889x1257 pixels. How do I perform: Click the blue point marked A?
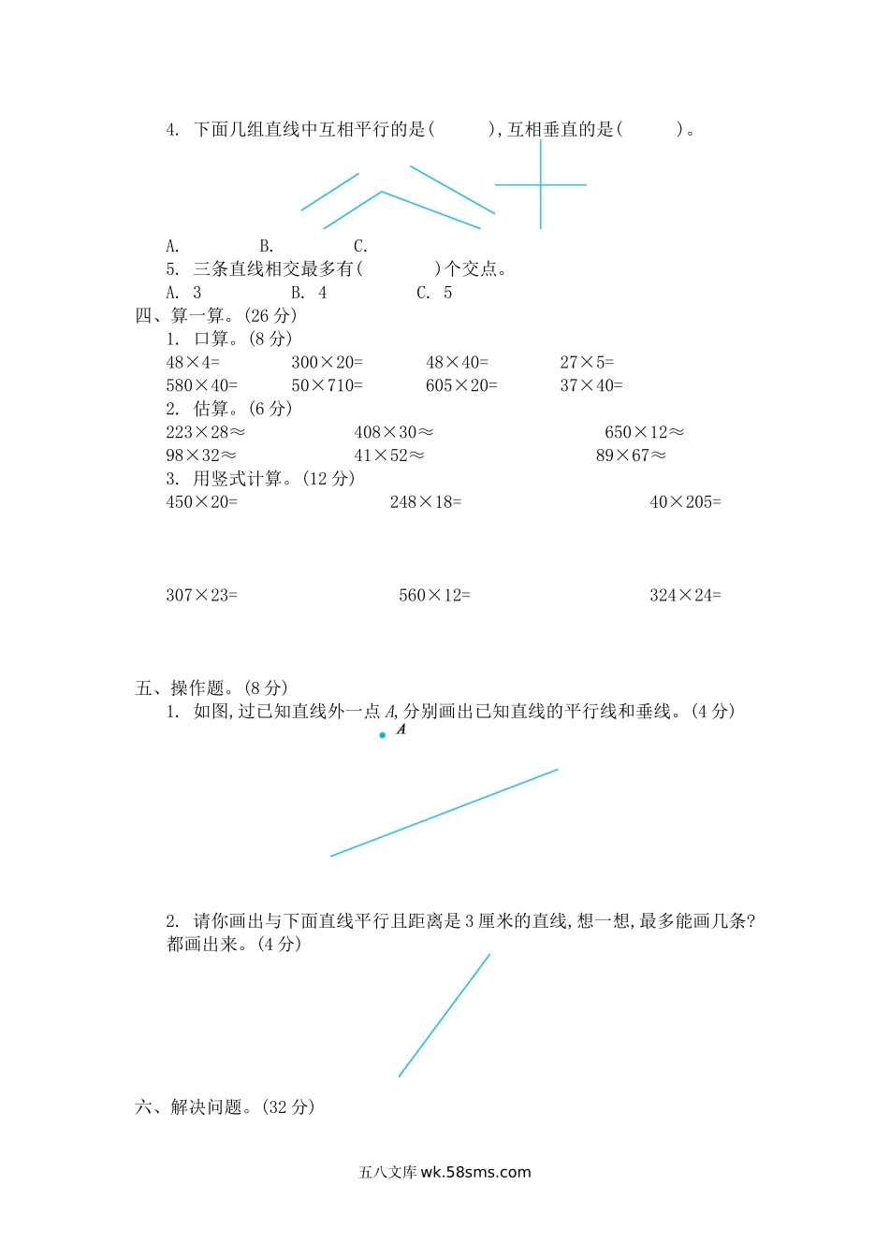point(383,735)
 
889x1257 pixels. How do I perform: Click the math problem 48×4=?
point(193,362)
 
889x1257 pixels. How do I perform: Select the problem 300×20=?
point(327,362)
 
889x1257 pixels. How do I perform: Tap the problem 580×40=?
point(202,385)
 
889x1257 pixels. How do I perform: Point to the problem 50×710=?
point(327,385)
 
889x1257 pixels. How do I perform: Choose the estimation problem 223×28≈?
point(205,432)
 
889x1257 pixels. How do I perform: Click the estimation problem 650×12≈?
point(644,432)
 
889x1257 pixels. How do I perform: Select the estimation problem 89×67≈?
point(631,455)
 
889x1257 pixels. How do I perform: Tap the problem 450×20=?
point(202,502)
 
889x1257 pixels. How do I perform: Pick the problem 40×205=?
point(685,502)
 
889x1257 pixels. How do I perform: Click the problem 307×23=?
point(202,595)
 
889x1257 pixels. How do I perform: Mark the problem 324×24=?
point(685,595)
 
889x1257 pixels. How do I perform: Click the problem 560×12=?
point(434,595)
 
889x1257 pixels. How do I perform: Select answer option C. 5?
point(434,293)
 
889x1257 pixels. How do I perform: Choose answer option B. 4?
point(309,293)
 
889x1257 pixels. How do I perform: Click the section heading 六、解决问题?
point(225,1107)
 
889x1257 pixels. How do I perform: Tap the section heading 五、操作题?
point(211,688)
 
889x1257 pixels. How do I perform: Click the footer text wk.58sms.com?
point(475,1172)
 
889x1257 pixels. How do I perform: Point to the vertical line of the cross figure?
point(540,210)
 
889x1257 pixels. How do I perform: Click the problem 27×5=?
point(587,362)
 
